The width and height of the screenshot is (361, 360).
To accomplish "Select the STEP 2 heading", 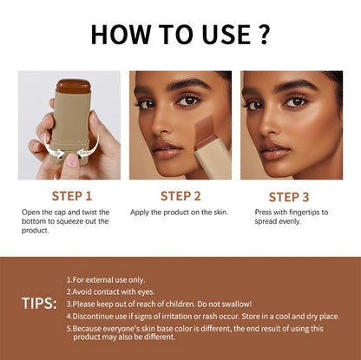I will [180, 196].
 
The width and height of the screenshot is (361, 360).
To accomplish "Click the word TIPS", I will [39, 304].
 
